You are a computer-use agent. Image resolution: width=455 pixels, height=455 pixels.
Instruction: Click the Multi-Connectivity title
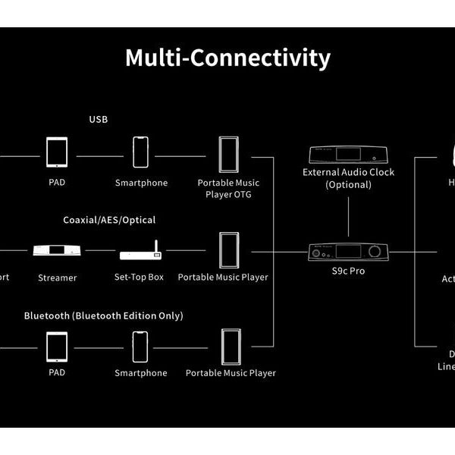point(227,58)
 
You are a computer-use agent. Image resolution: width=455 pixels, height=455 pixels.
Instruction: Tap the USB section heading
point(99,119)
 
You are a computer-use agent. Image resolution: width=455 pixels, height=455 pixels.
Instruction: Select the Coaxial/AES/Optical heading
point(109,220)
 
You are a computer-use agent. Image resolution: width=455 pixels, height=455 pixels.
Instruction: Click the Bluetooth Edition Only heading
point(103,315)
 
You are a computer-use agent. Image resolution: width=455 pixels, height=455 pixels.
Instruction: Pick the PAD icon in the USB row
point(57,152)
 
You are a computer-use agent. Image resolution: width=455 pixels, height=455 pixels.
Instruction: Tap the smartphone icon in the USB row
point(140,152)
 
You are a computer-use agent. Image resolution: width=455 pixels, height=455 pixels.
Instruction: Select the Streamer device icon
point(57,251)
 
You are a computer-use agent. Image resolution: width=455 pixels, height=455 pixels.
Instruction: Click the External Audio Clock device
point(348,155)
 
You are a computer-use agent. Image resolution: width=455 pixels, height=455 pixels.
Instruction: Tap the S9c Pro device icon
point(348,252)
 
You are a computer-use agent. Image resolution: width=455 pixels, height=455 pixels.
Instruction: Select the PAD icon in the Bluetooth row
point(57,347)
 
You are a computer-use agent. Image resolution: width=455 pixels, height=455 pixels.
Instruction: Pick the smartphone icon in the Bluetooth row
point(140,347)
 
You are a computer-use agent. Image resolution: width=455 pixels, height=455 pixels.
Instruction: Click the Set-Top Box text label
point(139,278)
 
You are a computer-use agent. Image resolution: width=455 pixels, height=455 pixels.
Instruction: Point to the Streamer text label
point(58,278)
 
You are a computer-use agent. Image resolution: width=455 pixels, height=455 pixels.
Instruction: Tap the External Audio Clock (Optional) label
point(349,177)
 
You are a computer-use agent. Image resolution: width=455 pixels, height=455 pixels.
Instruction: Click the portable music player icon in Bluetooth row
point(230,347)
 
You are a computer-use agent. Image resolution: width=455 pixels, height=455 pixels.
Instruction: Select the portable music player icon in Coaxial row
point(229,249)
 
